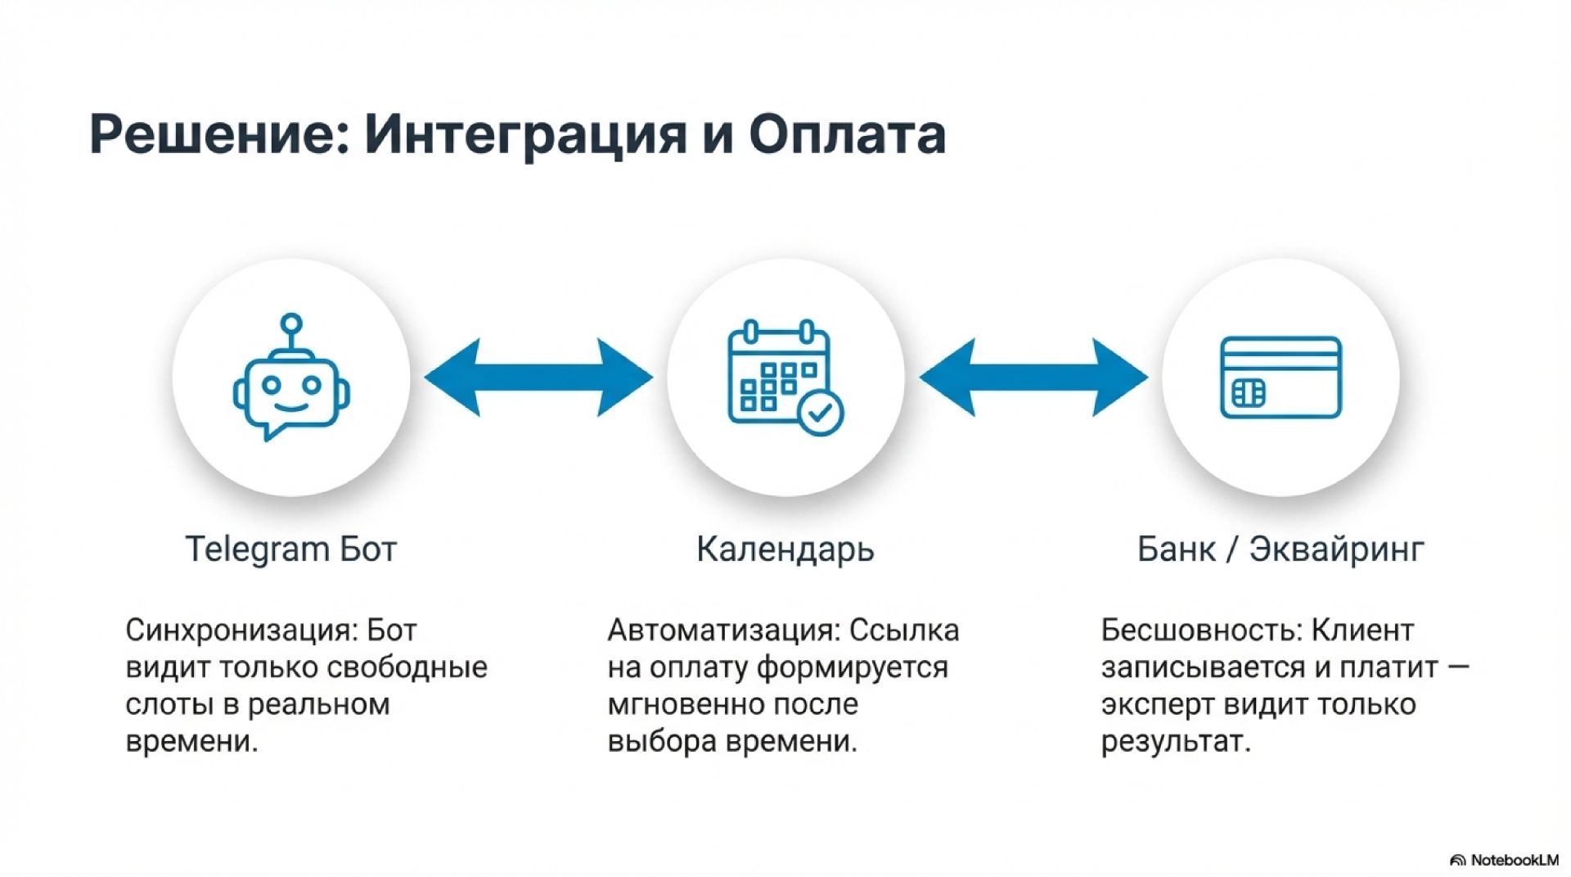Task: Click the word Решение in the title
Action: pyautogui.click(x=220, y=133)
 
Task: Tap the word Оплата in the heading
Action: pyautogui.click(x=848, y=133)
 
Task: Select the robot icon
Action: pyautogui.click(x=291, y=377)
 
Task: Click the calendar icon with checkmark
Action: pyautogui.click(x=785, y=377)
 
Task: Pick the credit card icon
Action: pyautogui.click(x=1281, y=377)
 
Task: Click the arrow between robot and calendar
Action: pyautogui.click(x=538, y=377)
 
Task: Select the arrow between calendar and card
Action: pyautogui.click(x=1033, y=377)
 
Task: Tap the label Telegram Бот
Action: pyautogui.click(x=291, y=549)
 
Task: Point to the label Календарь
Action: pyautogui.click(x=785, y=549)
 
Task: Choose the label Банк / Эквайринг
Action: pyautogui.click(x=1281, y=549)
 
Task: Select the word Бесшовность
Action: pyautogui.click(x=1202, y=631)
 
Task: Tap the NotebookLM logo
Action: pyautogui.click(x=1505, y=860)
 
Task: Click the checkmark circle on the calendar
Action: pyautogui.click(x=821, y=413)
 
